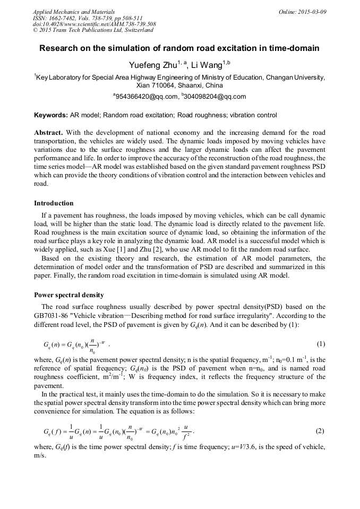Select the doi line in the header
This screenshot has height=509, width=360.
(x=94, y=24)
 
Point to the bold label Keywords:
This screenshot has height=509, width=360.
(x=50, y=115)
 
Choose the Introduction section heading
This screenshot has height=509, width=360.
(x=54, y=203)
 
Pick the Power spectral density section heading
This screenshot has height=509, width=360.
(x=69, y=295)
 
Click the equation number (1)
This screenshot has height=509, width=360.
(x=320, y=344)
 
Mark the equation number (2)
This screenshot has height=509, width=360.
(x=320, y=431)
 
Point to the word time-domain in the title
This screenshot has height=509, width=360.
(x=293, y=49)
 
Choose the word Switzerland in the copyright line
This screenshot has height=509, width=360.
(x=136, y=30)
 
